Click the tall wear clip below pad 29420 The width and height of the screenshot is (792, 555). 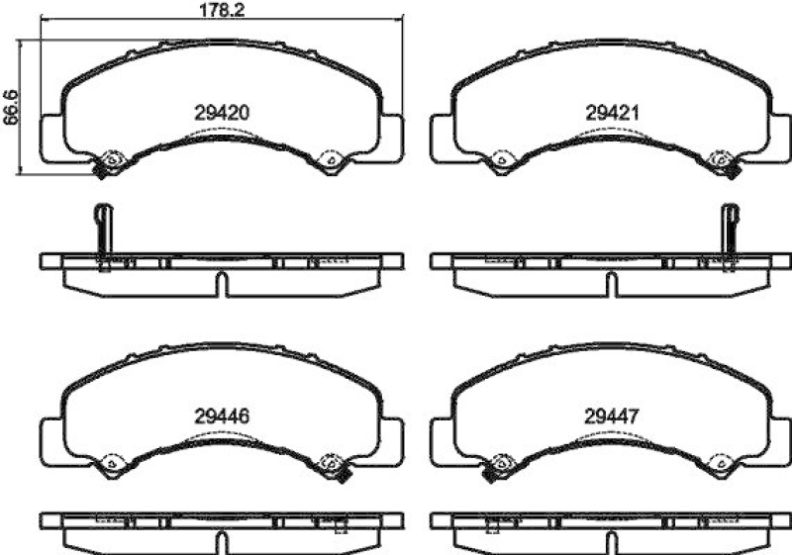point(102,232)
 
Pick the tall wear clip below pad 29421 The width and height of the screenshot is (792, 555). point(730,232)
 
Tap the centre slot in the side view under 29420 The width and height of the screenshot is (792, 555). point(222,284)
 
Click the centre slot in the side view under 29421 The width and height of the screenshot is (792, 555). point(613,284)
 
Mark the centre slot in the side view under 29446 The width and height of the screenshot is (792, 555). point(222,539)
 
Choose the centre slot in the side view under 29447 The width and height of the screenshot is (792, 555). point(613,539)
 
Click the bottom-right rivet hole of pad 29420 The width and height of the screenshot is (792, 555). point(330,158)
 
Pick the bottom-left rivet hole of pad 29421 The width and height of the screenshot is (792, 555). point(501,158)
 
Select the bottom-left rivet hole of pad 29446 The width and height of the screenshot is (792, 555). point(112,460)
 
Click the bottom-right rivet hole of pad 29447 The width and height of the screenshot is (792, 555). point(722,460)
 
